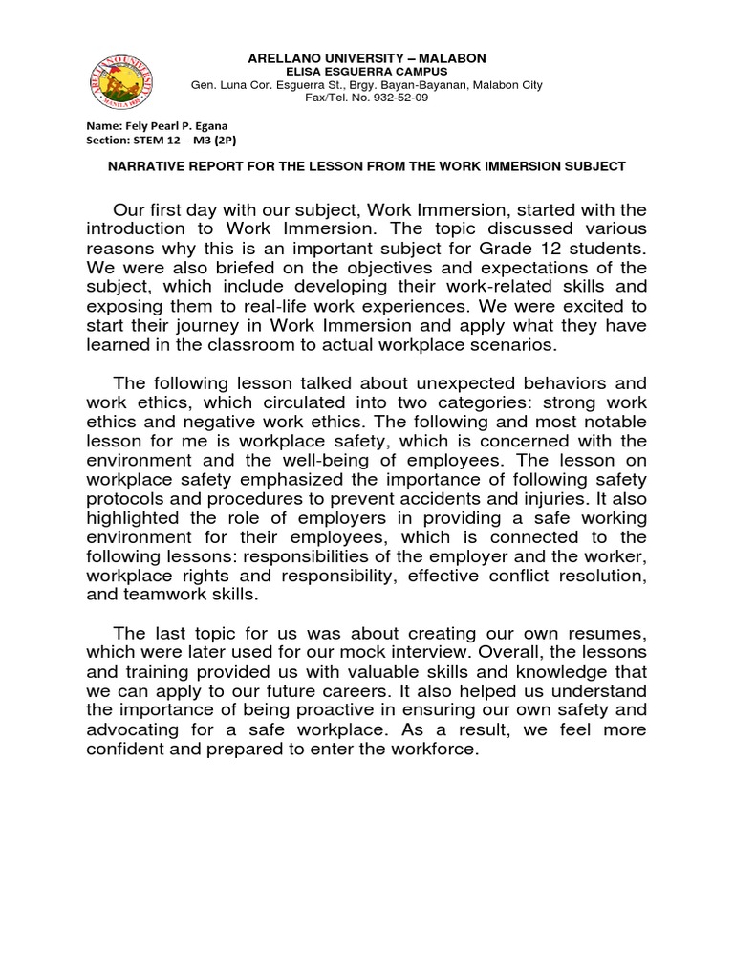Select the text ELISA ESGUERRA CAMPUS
(x=368, y=71)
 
